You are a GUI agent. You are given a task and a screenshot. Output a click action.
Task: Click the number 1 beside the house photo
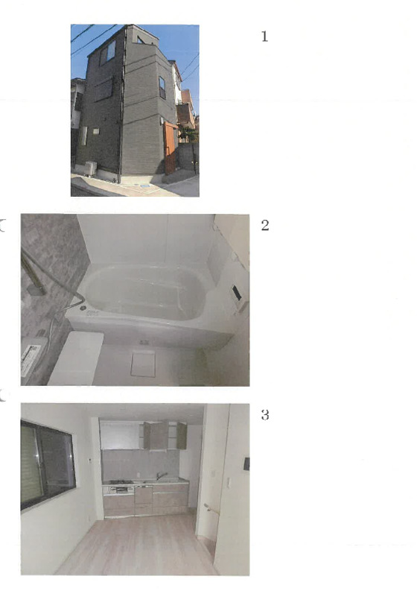(x=264, y=37)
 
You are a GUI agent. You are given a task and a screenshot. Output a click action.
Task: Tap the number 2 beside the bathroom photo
(x=265, y=225)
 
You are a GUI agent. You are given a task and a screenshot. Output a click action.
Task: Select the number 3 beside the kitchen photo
(x=265, y=415)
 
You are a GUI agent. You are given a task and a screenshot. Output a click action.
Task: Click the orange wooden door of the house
(x=169, y=148)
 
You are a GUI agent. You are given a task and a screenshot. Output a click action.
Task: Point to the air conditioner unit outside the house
(x=91, y=168)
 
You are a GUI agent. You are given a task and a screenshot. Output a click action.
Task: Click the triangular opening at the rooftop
(x=141, y=40)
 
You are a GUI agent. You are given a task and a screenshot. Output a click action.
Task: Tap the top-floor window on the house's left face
(x=109, y=53)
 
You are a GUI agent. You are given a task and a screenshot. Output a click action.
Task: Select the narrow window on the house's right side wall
(x=162, y=87)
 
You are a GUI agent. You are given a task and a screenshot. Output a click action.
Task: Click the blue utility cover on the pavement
(x=144, y=186)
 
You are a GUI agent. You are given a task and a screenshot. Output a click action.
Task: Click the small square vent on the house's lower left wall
(x=96, y=131)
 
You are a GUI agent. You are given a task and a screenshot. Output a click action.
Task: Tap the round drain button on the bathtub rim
(x=83, y=308)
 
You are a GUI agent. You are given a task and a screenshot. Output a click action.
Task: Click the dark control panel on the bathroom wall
(x=237, y=294)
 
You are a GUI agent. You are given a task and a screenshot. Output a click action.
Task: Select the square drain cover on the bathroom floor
(x=143, y=364)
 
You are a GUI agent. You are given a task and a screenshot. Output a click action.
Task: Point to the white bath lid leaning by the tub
(x=75, y=358)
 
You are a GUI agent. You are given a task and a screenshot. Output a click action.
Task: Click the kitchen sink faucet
(x=161, y=475)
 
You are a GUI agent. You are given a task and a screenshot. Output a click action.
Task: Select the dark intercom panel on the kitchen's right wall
(x=246, y=463)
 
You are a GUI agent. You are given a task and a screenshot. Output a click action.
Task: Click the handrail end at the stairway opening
(x=206, y=506)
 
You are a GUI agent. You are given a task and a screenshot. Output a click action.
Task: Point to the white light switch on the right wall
(x=229, y=483)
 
